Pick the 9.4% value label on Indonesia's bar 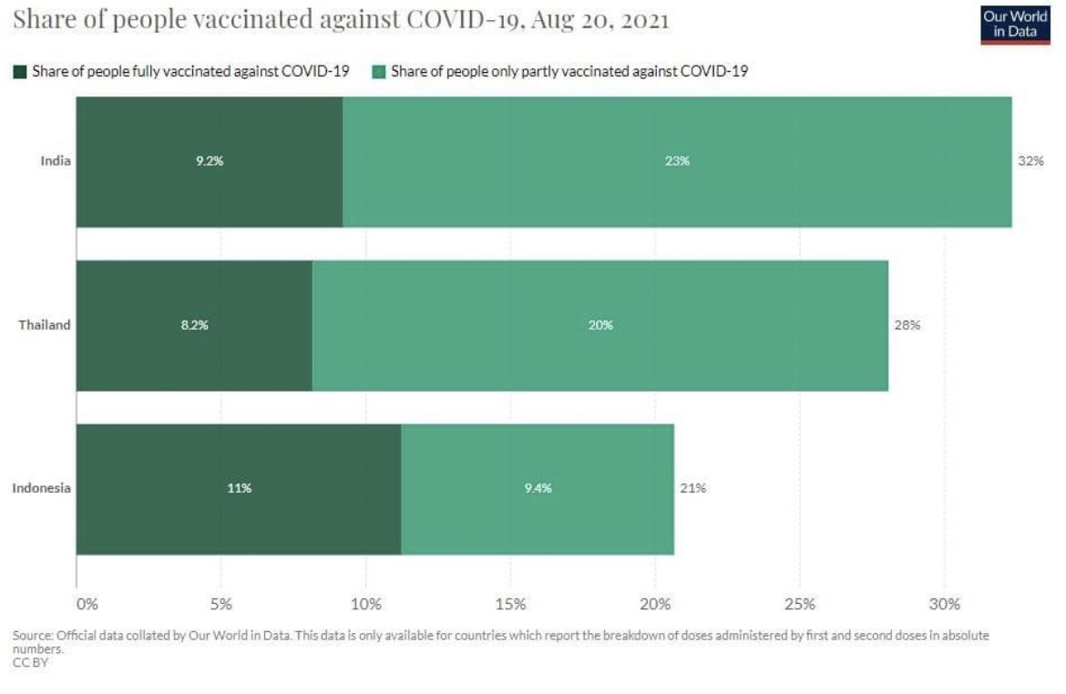tap(538, 488)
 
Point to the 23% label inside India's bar tap(677, 161)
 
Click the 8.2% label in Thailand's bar tap(194, 325)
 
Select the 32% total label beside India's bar tap(1030, 161)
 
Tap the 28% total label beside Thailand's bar tap(907, 325)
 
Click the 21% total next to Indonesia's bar tap(692, 488)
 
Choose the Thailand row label tap(45, 325)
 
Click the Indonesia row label tap(41, 488)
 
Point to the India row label tap(56, 161)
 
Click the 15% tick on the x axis tap(510, 604)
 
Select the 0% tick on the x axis tap(87, 604)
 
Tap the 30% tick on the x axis tap(945, 604)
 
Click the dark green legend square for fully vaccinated tap(20, 71)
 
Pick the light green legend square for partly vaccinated tap(379, 71)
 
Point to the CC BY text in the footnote tap(30, 662)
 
